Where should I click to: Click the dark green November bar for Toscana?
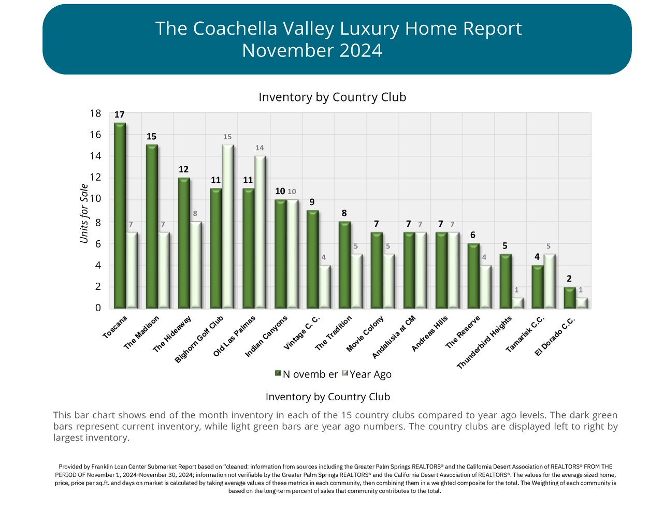(x=120, y=215)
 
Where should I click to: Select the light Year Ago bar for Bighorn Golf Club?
(x=228, y=226)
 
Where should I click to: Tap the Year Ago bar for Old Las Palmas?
(x=260, y=232)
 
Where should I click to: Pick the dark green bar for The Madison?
(x=152, y=226)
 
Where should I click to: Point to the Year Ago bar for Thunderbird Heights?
(x=516, y=303)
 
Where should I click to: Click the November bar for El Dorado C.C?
(x=569, y=298)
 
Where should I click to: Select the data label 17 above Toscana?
(x=120, y=114)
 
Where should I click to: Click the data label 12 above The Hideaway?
(x=183, y=169)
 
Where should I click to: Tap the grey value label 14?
(x=260, y=148)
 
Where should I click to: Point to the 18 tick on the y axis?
(x=95, y=113)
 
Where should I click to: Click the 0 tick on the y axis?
(x=98, y=308)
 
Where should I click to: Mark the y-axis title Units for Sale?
(x=84, y=213)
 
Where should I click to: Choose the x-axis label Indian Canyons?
(x=266, y=337)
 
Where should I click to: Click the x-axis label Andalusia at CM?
(x=394, y=338)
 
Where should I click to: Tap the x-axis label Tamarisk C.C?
(x=525, y=334)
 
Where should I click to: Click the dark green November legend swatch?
(x=278, y=373)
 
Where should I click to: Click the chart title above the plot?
(x=332, y=97)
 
